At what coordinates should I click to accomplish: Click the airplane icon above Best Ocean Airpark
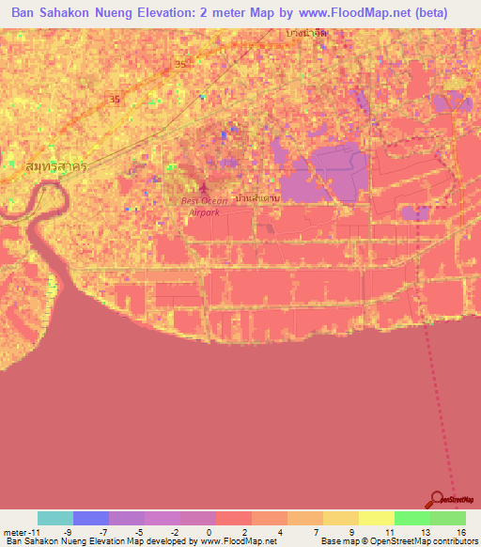205,185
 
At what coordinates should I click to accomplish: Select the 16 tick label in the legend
462,532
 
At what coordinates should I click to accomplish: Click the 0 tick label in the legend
209,532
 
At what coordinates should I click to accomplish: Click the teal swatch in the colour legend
55,518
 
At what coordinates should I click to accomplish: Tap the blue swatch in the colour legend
91,518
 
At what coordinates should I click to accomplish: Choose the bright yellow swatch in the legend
377,518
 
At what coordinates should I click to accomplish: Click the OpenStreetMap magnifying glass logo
436,501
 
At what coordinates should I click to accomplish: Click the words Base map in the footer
337,541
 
